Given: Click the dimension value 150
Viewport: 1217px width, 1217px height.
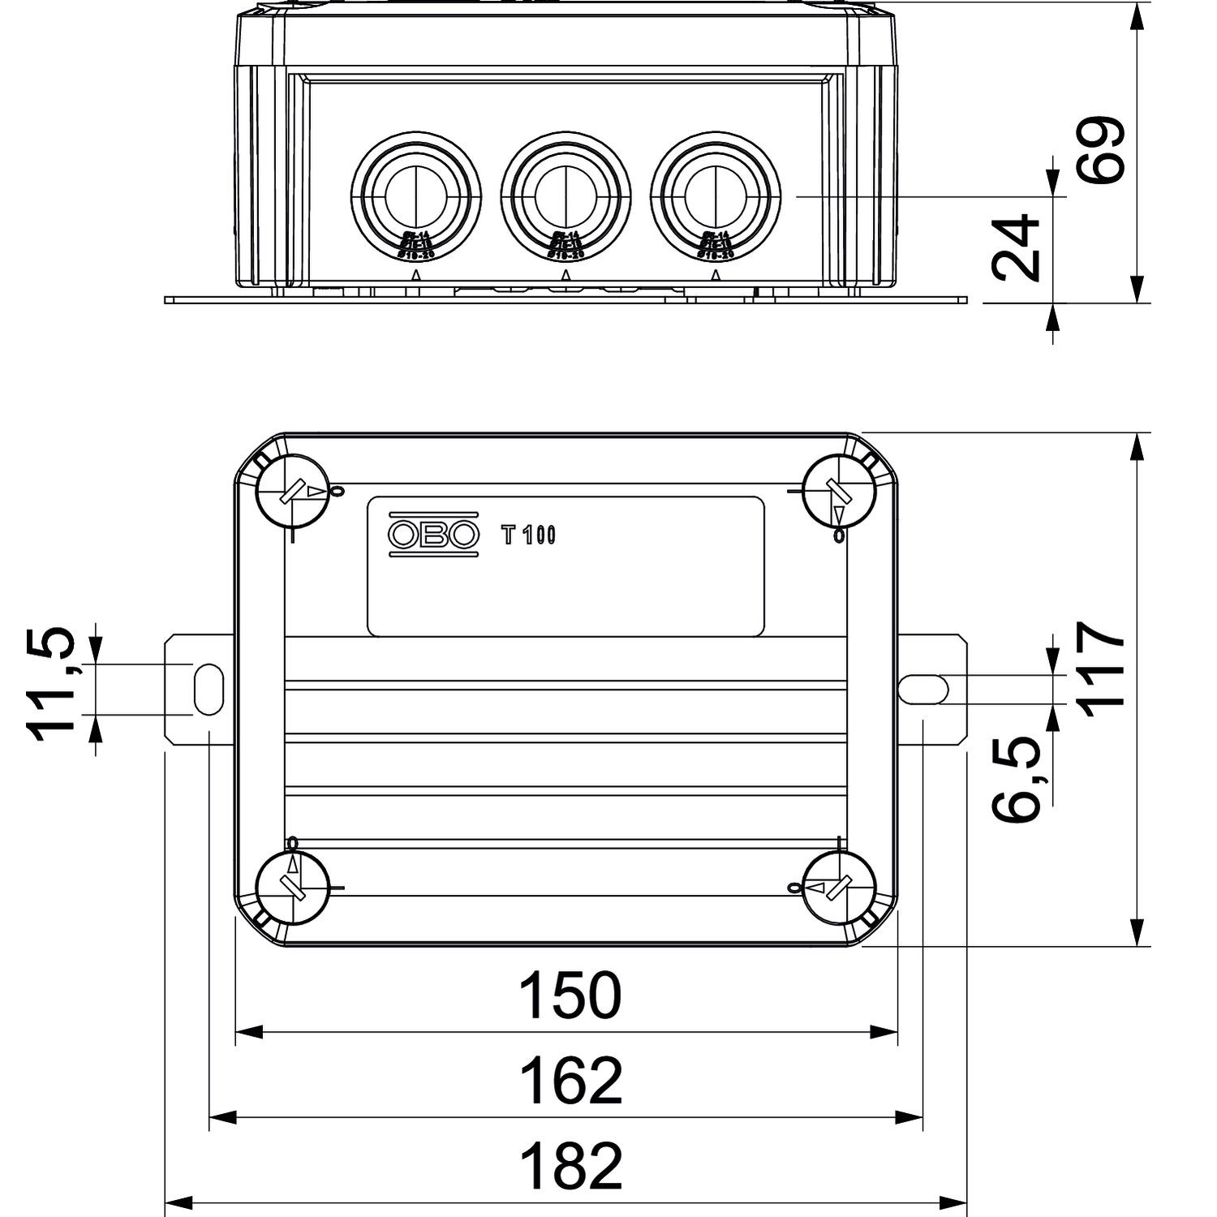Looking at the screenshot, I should [570, 996].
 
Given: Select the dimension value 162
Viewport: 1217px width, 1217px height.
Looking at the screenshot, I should [570, 1081].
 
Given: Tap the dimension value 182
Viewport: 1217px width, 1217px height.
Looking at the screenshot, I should [570, 1166].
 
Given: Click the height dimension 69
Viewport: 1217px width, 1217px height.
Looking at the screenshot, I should [1102, 150].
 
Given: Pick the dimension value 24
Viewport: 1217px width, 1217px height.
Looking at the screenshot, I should [1017, 247].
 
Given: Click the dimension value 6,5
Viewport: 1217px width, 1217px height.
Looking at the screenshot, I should [1017, 779].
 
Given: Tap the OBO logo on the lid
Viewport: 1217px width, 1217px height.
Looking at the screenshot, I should [433, 534].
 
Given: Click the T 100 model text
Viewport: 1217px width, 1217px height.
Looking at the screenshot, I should [528, 535].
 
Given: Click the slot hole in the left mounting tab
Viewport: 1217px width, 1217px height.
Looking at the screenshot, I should [209, 688].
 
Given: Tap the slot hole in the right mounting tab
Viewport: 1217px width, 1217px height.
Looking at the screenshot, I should [924, 689].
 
